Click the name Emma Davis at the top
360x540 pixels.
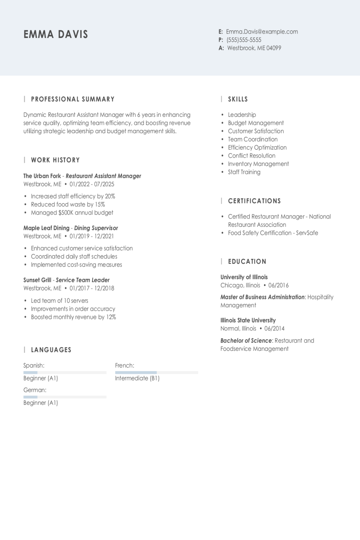click(x=56, y=34)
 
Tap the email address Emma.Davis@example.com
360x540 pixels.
click(x=262, y=32)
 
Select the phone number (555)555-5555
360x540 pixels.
click(x=244, y=40)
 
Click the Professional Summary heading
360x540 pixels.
click(x=72, y=99)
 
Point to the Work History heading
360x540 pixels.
click(x=55, y=160)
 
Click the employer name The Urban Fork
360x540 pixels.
click(x=42, y=176)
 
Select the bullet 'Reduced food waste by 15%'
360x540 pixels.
click(x=68, y=204)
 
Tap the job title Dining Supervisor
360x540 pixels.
click(x=96, y=228)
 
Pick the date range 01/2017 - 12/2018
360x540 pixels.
click(x=92, y=288)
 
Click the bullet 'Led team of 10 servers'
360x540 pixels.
click(x=59, y=301)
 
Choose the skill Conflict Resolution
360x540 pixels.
click(x=251, y=156)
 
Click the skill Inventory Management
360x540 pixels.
click(x=258, y=164)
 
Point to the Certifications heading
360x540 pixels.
click(x=254, y=201)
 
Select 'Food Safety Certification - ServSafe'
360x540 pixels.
click(x=273, y=233)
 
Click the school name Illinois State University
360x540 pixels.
click(x=248, y=320)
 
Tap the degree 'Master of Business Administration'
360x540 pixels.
click(x=262, y=297)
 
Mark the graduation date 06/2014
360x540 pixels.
click(x=274, y=328)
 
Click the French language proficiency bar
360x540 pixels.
click(x=156, y=372)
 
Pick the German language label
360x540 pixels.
click(x=35, y=390)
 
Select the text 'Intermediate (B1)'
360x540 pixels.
click(x=137, y=378)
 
